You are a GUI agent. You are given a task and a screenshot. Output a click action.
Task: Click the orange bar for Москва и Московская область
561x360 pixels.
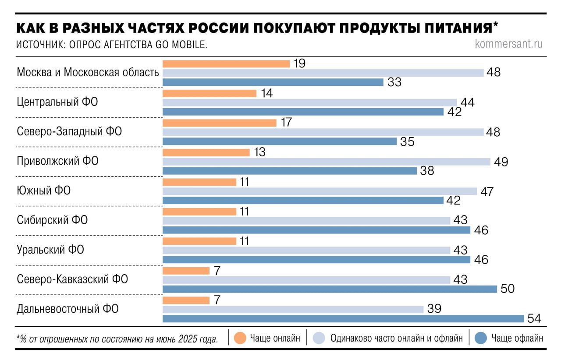[226, 64]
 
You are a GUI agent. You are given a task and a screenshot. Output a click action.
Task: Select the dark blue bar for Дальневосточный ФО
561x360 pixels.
[343, 318]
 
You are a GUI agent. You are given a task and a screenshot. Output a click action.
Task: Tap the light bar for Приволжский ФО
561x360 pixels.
[327, 162]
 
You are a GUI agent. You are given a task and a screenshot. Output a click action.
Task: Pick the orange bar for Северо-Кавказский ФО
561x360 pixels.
[186, 271]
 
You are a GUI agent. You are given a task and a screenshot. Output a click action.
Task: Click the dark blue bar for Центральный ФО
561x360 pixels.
[303, 112]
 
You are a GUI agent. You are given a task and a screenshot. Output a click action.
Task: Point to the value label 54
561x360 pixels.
[533, 319]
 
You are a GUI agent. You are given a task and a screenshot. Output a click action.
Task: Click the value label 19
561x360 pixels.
[299, 64]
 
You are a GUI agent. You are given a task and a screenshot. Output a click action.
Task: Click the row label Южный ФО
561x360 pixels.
[44, 191]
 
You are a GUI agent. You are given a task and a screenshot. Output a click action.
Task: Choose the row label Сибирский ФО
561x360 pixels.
[52, 220]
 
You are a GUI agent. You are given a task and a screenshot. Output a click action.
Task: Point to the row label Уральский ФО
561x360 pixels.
[50, 250]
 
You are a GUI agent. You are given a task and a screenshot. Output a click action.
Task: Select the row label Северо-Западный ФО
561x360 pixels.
[69, 131]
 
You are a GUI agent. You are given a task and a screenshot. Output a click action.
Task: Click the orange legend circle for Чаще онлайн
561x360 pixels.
[240, 338]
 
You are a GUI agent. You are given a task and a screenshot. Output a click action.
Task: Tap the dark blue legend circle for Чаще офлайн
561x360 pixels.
[481, 338]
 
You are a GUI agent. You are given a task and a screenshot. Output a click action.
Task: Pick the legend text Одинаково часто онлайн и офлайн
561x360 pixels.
[396, 338]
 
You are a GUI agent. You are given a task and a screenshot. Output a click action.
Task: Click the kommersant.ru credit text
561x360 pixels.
[509, 44]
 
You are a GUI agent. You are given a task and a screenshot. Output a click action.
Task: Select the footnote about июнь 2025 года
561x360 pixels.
[117, 339]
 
